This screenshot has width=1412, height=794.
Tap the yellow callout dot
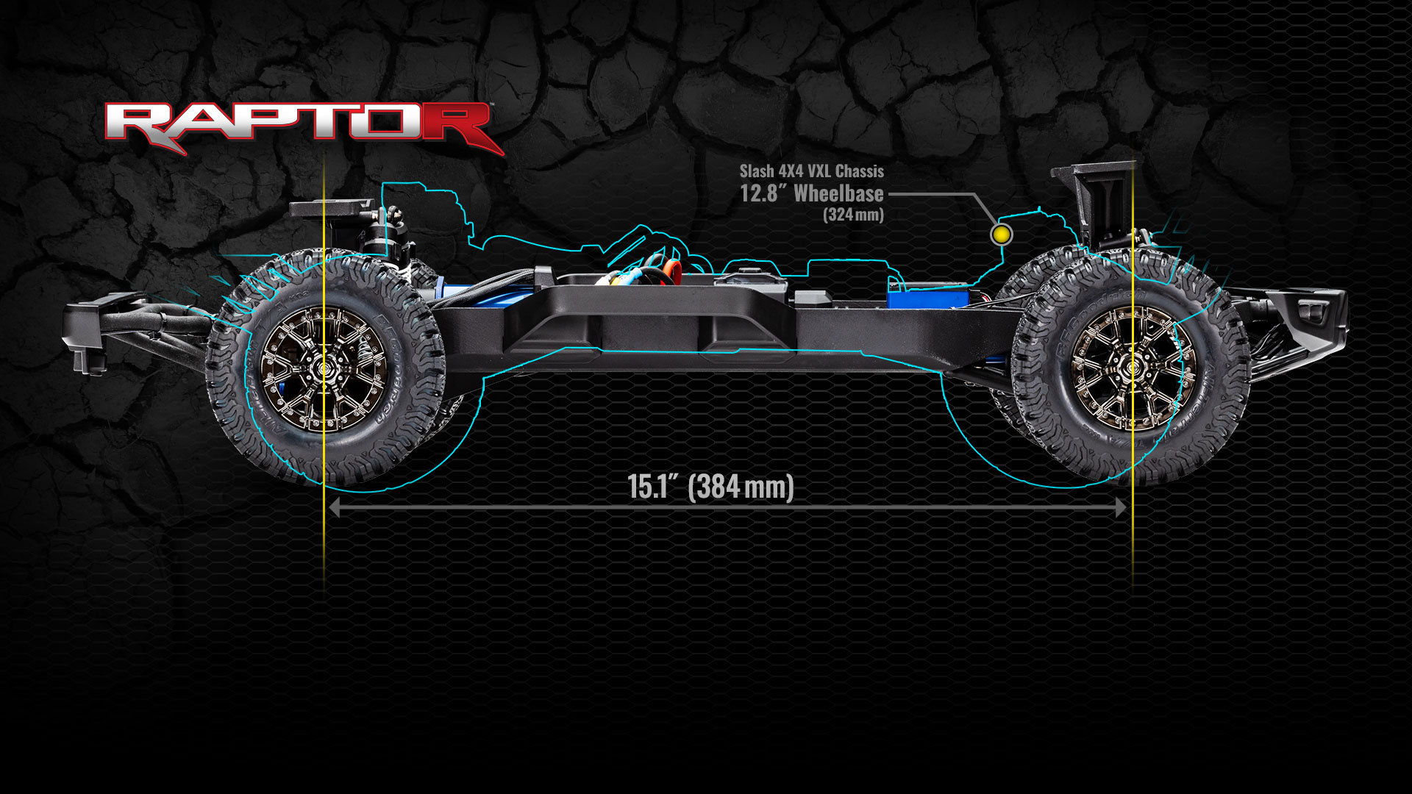tap(1001, 235)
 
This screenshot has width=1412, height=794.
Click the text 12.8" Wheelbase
tap(812, 194)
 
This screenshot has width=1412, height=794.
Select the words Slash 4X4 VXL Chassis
tap(811, 171)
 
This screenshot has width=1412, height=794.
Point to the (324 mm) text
tap(853, 215)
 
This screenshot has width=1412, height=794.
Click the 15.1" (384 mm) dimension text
tap(710, 487)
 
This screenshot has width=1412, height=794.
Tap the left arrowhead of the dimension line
tap(334, 507)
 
